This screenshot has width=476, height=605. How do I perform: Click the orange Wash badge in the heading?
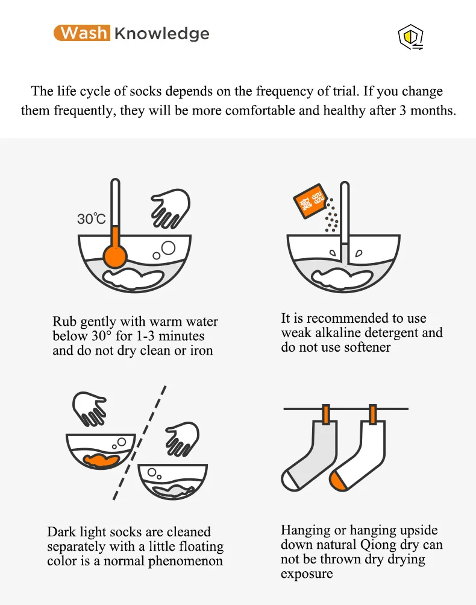tap(81, 33)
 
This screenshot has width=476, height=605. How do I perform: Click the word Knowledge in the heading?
tap(161, 33)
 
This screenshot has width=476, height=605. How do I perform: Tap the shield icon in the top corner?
tap(410, 38)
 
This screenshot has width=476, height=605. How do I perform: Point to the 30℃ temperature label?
tap(92, 219)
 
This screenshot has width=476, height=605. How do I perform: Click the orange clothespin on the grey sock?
tap(327, 414)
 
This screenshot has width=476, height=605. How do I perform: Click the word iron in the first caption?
tap(201, 350)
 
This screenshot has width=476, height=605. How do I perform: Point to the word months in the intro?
tap(430, 111)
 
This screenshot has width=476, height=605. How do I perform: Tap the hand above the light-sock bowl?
tap(183, 437)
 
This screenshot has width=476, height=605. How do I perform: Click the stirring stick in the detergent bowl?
tap(344, 217)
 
